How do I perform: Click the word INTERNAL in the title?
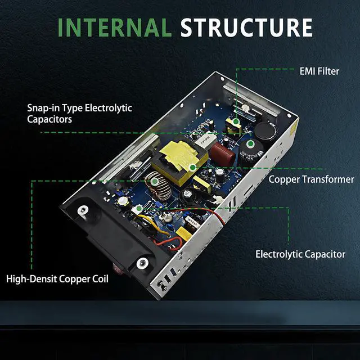[x=115, y=28]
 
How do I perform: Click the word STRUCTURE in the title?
[x=246, y=28]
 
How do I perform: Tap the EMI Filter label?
[x=319, y=71]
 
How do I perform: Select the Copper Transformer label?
[x=311, y=179]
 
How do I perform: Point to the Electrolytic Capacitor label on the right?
[x=300, y=254]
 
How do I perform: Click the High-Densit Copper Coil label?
[x=57, y=279]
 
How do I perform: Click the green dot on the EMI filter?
[x=235, y=121]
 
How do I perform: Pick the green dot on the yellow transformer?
[x=192, y=168]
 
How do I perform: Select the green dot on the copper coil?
[x=155, y=181]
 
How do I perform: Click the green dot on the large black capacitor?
[x=250, y=144]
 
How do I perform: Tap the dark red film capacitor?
[x=222, y=153]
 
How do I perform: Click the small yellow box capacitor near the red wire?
[x=184, y=233]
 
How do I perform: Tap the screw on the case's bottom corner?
[x=161, y=285]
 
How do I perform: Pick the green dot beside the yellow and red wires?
[x=139, y=209]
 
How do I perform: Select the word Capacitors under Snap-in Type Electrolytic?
[x=49, y=119]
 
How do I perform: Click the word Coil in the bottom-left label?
[x=100, y=279]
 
